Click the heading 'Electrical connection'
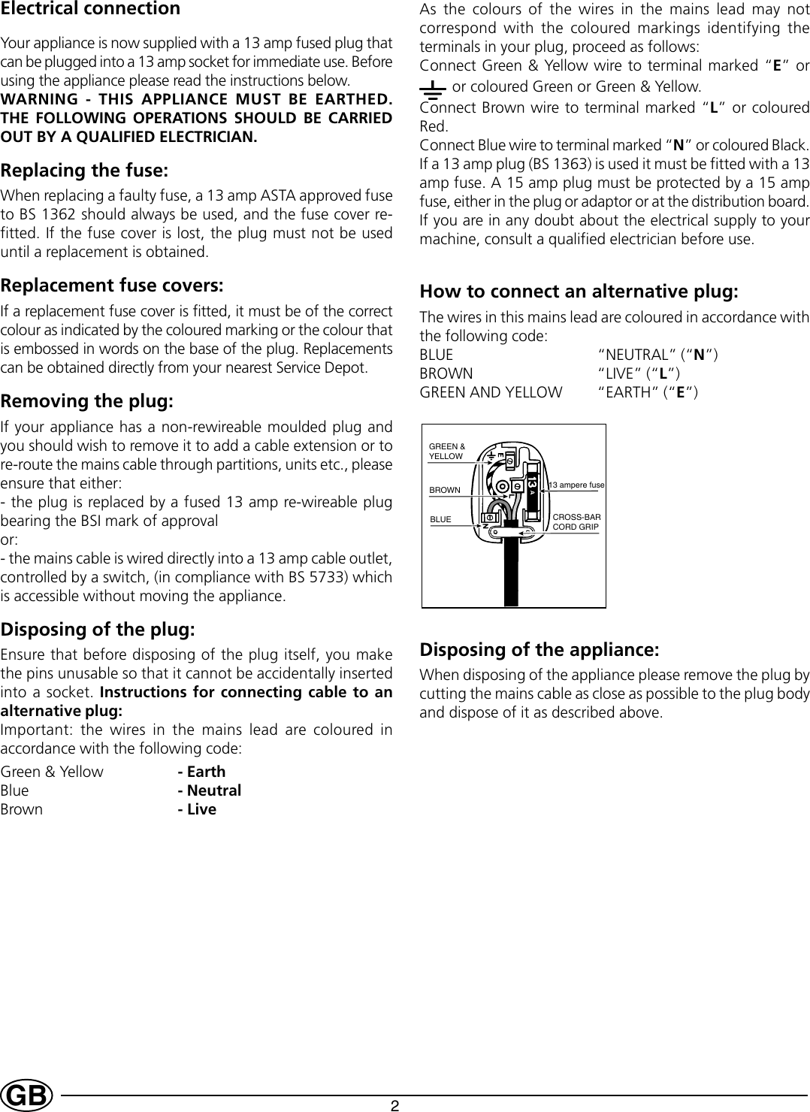click(91, 9)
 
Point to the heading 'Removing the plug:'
click(87, 401)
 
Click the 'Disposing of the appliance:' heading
click(539, 649)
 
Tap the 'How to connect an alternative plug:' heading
click(579, 292)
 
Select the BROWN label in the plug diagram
click(444, 490)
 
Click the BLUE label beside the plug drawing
click(440, 519)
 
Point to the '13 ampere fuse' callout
click(577, 485)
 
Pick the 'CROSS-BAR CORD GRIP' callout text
click(576, 522)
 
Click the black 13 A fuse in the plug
click(531, 491)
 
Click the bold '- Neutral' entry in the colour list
click(209, 790)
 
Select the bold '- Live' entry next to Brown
click(197, 809)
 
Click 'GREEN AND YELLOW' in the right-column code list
click(491, 392)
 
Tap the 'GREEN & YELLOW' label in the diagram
click(446, 452)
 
